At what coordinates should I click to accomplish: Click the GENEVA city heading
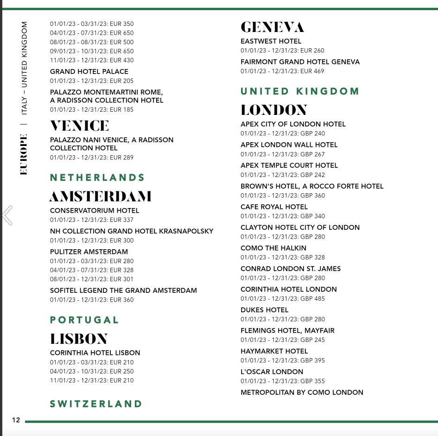[272, 27]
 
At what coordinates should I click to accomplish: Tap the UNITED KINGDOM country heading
[299, 91]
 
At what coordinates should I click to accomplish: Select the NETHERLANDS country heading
[97, 177]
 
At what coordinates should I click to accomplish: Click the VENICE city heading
[79, 126]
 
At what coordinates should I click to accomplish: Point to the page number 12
[16, 420]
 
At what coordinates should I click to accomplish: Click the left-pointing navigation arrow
[7, 215]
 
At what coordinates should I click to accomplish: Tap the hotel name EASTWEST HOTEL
[271, 41]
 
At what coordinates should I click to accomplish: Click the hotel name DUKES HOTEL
[264, 310]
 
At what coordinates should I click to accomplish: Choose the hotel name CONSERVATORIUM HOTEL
[95, 210]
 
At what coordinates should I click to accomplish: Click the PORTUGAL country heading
[84, 320]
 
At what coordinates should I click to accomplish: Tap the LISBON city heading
[79, 339]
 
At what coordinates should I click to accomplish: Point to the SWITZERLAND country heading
[96, 404]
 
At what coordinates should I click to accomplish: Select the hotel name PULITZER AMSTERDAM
[89, 252]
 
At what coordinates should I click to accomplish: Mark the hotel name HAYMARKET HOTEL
[274, 351]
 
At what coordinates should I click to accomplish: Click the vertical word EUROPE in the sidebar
[24, 154]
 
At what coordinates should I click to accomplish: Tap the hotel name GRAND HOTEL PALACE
[89, 71]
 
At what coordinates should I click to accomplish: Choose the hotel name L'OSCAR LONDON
[272, 372]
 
